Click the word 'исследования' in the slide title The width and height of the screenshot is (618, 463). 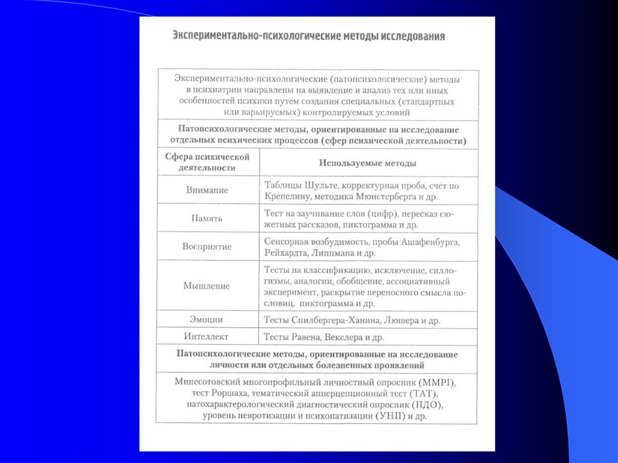[x=413, y=36]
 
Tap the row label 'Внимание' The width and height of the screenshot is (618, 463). [x=206, y=190]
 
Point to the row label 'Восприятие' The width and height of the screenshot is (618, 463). [x=207, y=247]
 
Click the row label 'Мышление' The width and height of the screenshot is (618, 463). [x=207, y=286]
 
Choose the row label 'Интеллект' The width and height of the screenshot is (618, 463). [x=206, y=336]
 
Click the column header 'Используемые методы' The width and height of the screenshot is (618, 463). [x=367, y=163]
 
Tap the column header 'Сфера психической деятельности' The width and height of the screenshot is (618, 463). [x=207, y=162]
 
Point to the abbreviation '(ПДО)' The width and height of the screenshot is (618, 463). [x=427, y=404]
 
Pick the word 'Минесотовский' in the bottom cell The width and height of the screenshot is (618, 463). [x=208, y=383]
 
